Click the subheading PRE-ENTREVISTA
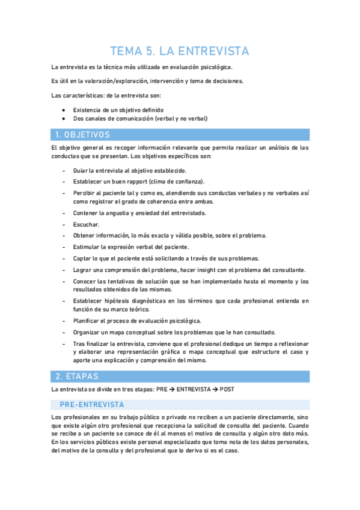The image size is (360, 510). click(92, 405)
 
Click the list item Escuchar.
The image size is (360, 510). click(86, 224)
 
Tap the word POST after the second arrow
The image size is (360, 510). click(227, 390)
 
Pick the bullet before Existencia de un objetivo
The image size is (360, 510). click(64, 110)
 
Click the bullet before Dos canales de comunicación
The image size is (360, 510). click(64, 118)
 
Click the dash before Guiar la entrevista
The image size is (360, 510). click(64, 171)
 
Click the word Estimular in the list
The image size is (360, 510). click(87, 247)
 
